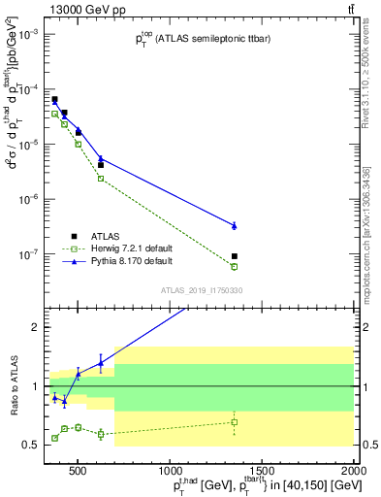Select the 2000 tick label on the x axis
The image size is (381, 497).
[x=354, y=472]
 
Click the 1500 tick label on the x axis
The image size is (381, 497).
[x=262, y=472]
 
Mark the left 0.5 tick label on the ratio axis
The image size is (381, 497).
[x=35, y=445]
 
